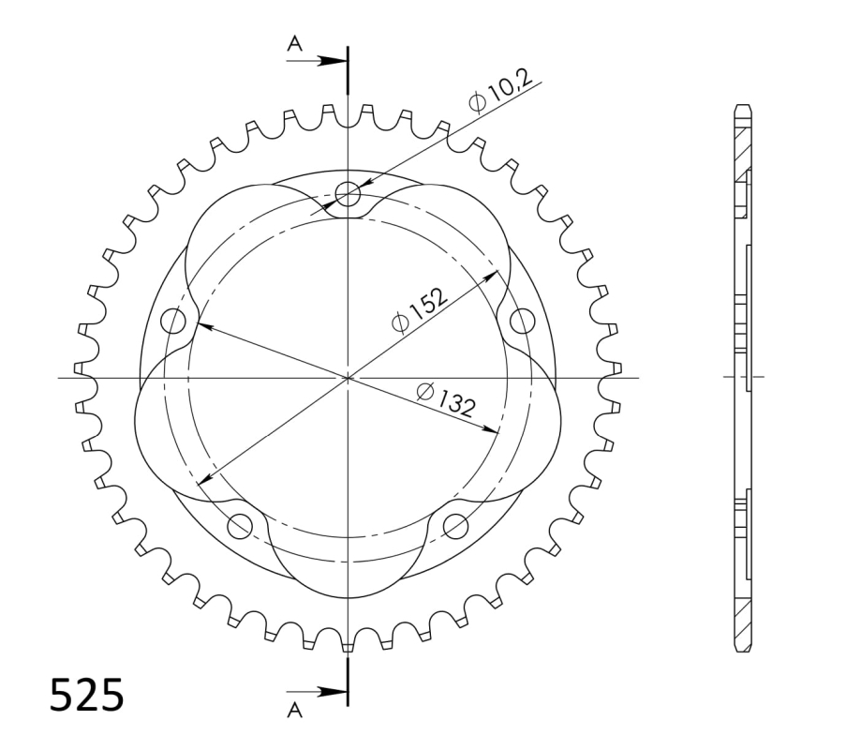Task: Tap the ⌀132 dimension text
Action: (446, 399)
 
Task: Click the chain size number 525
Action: (87, 695)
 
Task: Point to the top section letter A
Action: (294, 43)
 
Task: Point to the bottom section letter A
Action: (294, 710)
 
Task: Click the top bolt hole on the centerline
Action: (348, 194)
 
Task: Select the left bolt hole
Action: (173, 322)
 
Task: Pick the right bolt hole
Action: (522, 322)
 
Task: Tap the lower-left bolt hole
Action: (240, 525)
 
